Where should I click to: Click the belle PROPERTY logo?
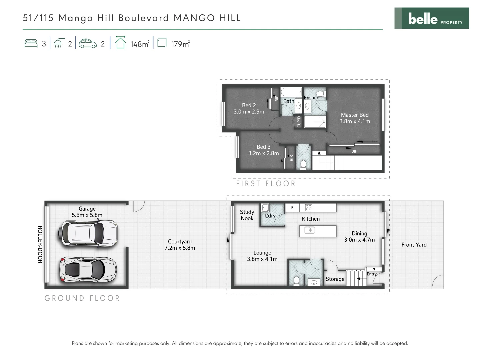[x=431, y=18]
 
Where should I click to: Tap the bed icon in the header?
[x=31, y=43]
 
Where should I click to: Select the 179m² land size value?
[x=180, y=44]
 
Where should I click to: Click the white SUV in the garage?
[x=88, y=233]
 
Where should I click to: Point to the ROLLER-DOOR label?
[x=40, y=244]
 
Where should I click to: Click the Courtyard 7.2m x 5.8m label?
[x=180, y=245]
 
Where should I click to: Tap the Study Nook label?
[x=247, y=215]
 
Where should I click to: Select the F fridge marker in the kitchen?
[x=292, y=208]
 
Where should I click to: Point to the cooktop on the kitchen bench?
[x=309, y=208]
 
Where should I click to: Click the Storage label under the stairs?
[x=335, y=279]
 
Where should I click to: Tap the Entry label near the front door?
[x=371, y=274]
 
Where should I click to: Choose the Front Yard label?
[x=414, y=245]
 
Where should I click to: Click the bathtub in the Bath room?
[x=291, y=92]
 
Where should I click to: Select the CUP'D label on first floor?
[x=299, y=122]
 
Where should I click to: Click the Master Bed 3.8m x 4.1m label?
[x=355, y=118]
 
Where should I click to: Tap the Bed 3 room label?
[x=263, y=150]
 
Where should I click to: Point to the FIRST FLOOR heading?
[x=266, y=184]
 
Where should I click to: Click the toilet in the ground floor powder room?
[x=296, y=281]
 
